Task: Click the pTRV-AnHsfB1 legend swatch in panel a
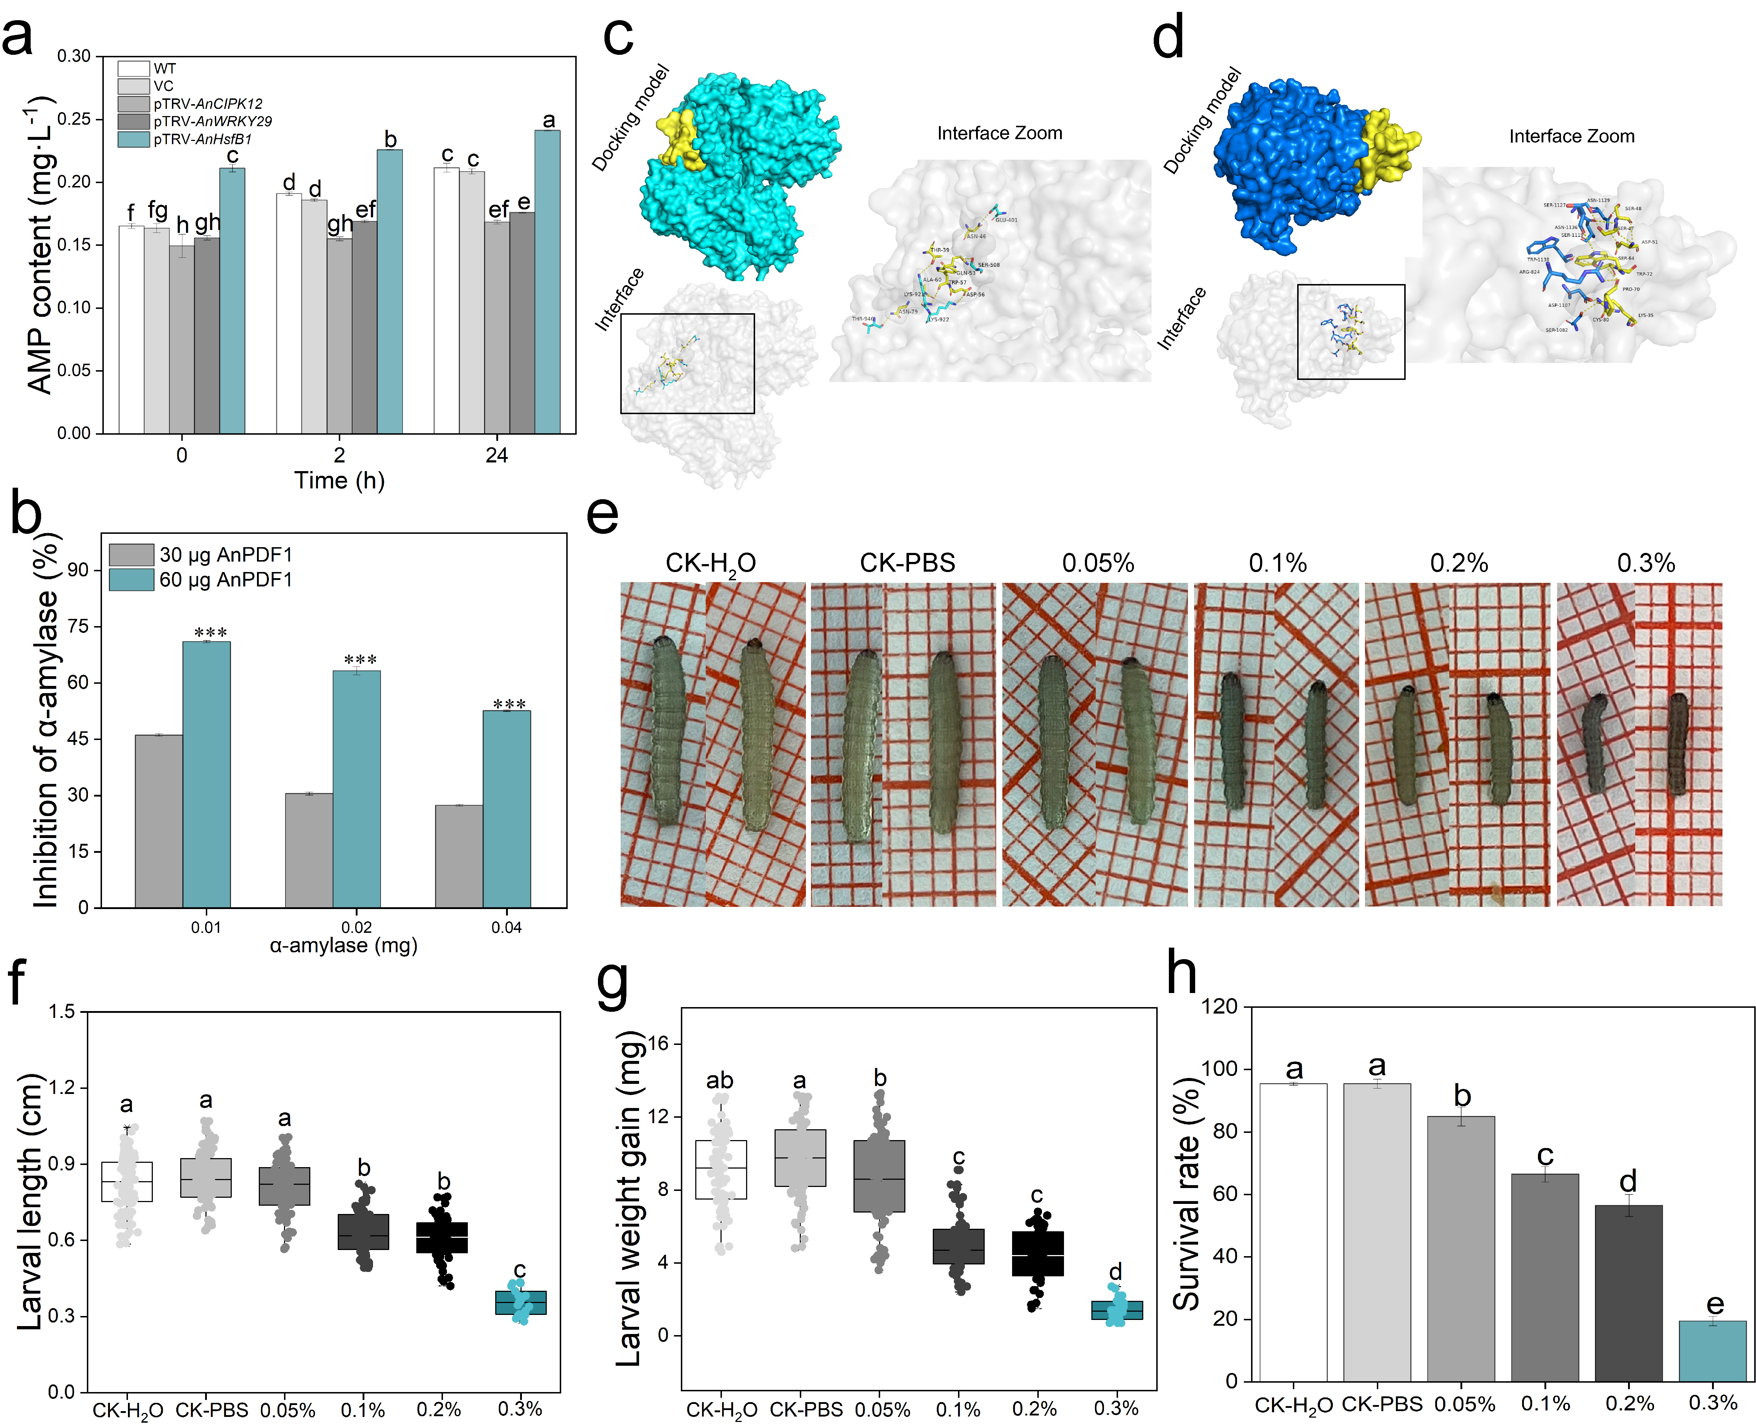[x=133, y=139]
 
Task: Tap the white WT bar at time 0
[x=132, y=329]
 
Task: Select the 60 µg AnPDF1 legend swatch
[x=132, y=580]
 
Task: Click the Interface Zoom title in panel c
[x=1000, y=133]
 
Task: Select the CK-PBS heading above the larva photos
[x=908, y=563]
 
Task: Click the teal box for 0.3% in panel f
[x=520, y=1303]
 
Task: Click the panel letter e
[x=603, y=515]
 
